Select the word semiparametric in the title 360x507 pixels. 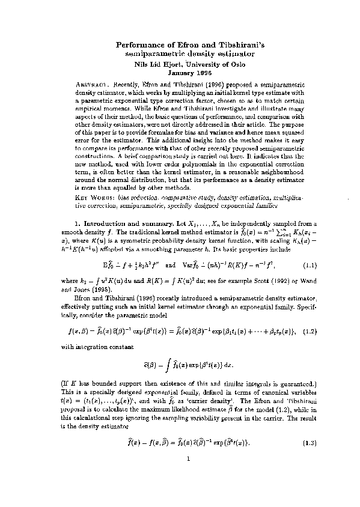click(x=152, y=54)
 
